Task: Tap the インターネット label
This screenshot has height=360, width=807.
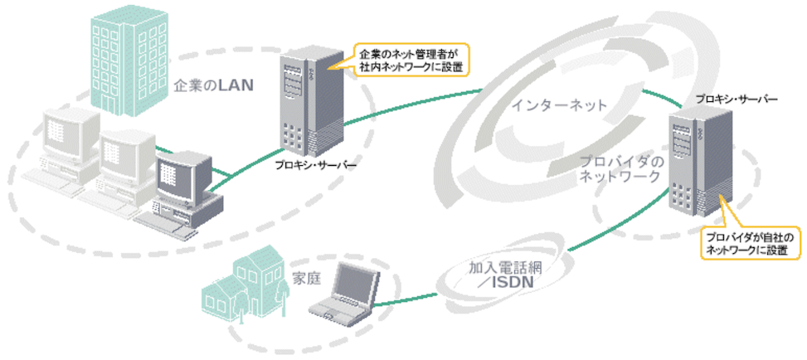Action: [x=559, y=105]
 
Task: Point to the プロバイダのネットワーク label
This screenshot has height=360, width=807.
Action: [x=620, y=168]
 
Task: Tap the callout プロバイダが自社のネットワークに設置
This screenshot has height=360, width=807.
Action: [x=749, y=242]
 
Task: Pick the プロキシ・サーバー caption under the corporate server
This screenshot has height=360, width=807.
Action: [x=316, y=166]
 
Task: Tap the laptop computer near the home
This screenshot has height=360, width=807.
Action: [x=348, y=294]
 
